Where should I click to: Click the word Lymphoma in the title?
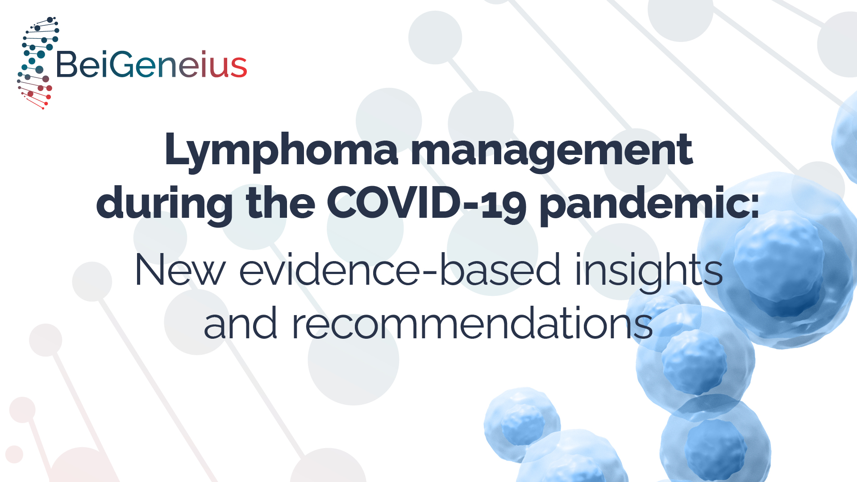coord(281,152)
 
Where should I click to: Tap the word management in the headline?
coord(552,152)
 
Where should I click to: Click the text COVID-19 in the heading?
coord(427,203)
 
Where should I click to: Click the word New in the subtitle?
coord(180,270)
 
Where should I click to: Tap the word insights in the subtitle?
coord(649,272)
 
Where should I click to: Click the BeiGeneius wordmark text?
coord(151,64)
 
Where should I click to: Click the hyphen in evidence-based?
coord(430,271)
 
